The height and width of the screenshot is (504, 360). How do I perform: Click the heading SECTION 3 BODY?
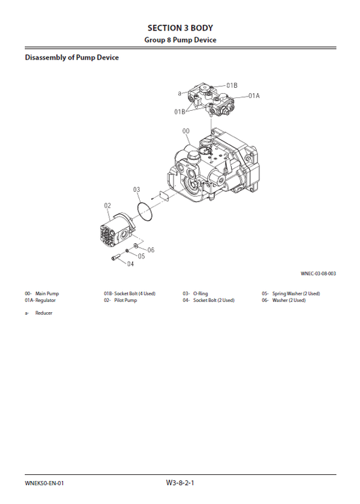tap(180, 28)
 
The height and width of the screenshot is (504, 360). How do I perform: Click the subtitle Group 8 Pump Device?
tap(180, 40)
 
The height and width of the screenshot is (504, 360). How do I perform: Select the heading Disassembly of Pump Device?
tap(72, 57)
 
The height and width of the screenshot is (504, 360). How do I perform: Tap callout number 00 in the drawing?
tap(186, 130)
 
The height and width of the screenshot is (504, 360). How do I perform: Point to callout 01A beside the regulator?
tap(253, 96)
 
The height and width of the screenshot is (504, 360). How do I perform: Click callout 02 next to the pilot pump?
tap(107, 205)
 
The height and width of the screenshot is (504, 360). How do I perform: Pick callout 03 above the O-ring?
tap(136, 189)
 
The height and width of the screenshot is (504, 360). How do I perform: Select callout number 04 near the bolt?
tap(130, 263)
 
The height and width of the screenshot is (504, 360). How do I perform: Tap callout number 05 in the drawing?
tap(141, 256)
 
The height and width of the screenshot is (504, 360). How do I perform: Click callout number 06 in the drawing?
tap(151, 249)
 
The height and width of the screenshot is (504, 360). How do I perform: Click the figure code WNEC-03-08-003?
tap(318, 274)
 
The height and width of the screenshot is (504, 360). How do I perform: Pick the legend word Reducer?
tap(44, 313)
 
